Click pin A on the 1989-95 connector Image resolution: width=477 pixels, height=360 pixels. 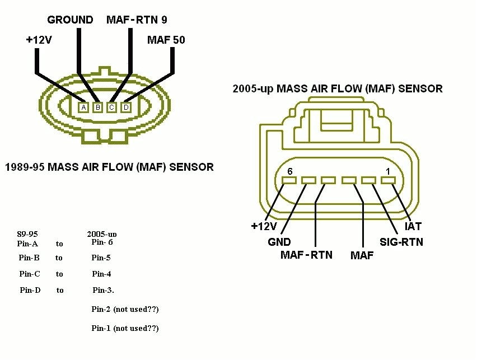click(83, 107)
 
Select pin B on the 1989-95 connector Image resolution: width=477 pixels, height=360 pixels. click(97, 107)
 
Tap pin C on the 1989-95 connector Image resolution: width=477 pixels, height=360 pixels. click(111, 107)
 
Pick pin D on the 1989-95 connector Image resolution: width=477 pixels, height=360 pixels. click(126, 107)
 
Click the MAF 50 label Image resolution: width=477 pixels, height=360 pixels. click(166, 40)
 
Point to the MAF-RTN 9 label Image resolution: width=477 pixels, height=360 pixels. click(137, 20)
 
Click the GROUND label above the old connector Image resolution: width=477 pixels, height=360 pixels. click(70, 20)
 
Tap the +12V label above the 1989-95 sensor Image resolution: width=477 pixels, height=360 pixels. click(39, 40)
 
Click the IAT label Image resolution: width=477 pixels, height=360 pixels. click(413, 227)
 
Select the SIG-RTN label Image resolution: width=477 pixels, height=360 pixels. click(401, 242)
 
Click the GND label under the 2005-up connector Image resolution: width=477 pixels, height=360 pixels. click(279, 242)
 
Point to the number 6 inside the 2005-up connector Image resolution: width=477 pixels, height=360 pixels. click(289, 171)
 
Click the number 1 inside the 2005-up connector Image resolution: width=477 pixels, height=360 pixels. click(387, 171)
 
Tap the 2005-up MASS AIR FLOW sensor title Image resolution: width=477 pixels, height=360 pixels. click(338, 88)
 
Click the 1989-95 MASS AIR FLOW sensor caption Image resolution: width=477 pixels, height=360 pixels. click(109, 167)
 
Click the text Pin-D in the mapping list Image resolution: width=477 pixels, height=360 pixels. click(30, 290)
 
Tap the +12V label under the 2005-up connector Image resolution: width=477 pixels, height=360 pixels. click(264, 226)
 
